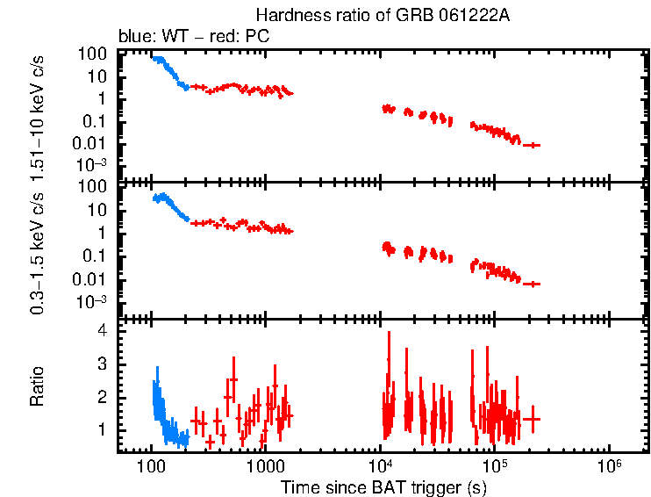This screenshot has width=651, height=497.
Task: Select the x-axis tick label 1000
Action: pyautogui.click(x=265, y=465)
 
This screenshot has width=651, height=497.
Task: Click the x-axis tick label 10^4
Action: pyautogui.click(x=380, y=464)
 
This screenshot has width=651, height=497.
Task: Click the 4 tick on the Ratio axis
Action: pyautogui.click(x=102, y=331)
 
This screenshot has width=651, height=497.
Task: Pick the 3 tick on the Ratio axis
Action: pyautogui.click(x=102, y=364)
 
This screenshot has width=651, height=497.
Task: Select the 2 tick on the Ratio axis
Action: pyautogui.click(x=102, y=397)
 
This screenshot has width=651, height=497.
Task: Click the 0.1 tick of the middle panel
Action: pyautogui.click(x=96, y=256)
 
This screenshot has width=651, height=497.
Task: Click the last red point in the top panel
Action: pyautogui.click(x=532, y=145)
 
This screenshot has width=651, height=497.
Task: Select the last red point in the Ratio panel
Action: pyautogui.click(x=532, y=420)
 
